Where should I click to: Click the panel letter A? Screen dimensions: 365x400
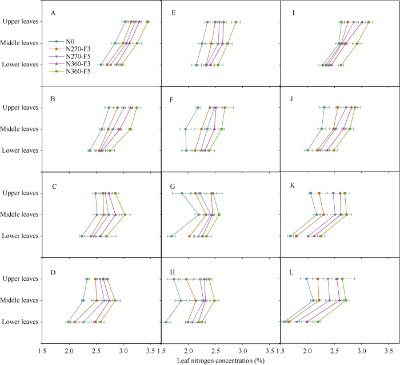53,13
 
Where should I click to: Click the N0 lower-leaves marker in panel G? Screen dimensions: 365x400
171,236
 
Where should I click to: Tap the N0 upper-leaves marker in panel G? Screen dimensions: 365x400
182,193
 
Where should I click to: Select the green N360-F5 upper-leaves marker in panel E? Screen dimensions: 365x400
235,22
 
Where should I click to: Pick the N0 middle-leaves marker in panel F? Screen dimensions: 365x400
186,129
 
